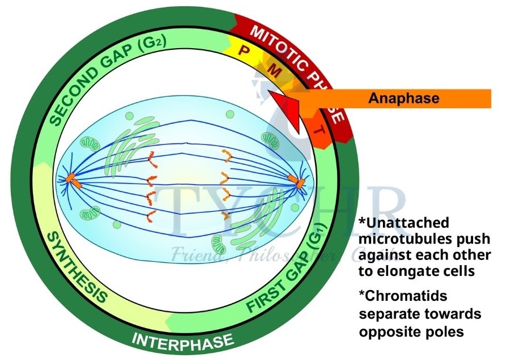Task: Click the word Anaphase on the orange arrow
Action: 404,98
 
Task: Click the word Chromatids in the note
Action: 396,296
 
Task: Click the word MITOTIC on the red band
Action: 277,40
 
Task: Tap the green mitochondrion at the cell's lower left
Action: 90,214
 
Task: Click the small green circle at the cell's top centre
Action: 229,114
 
